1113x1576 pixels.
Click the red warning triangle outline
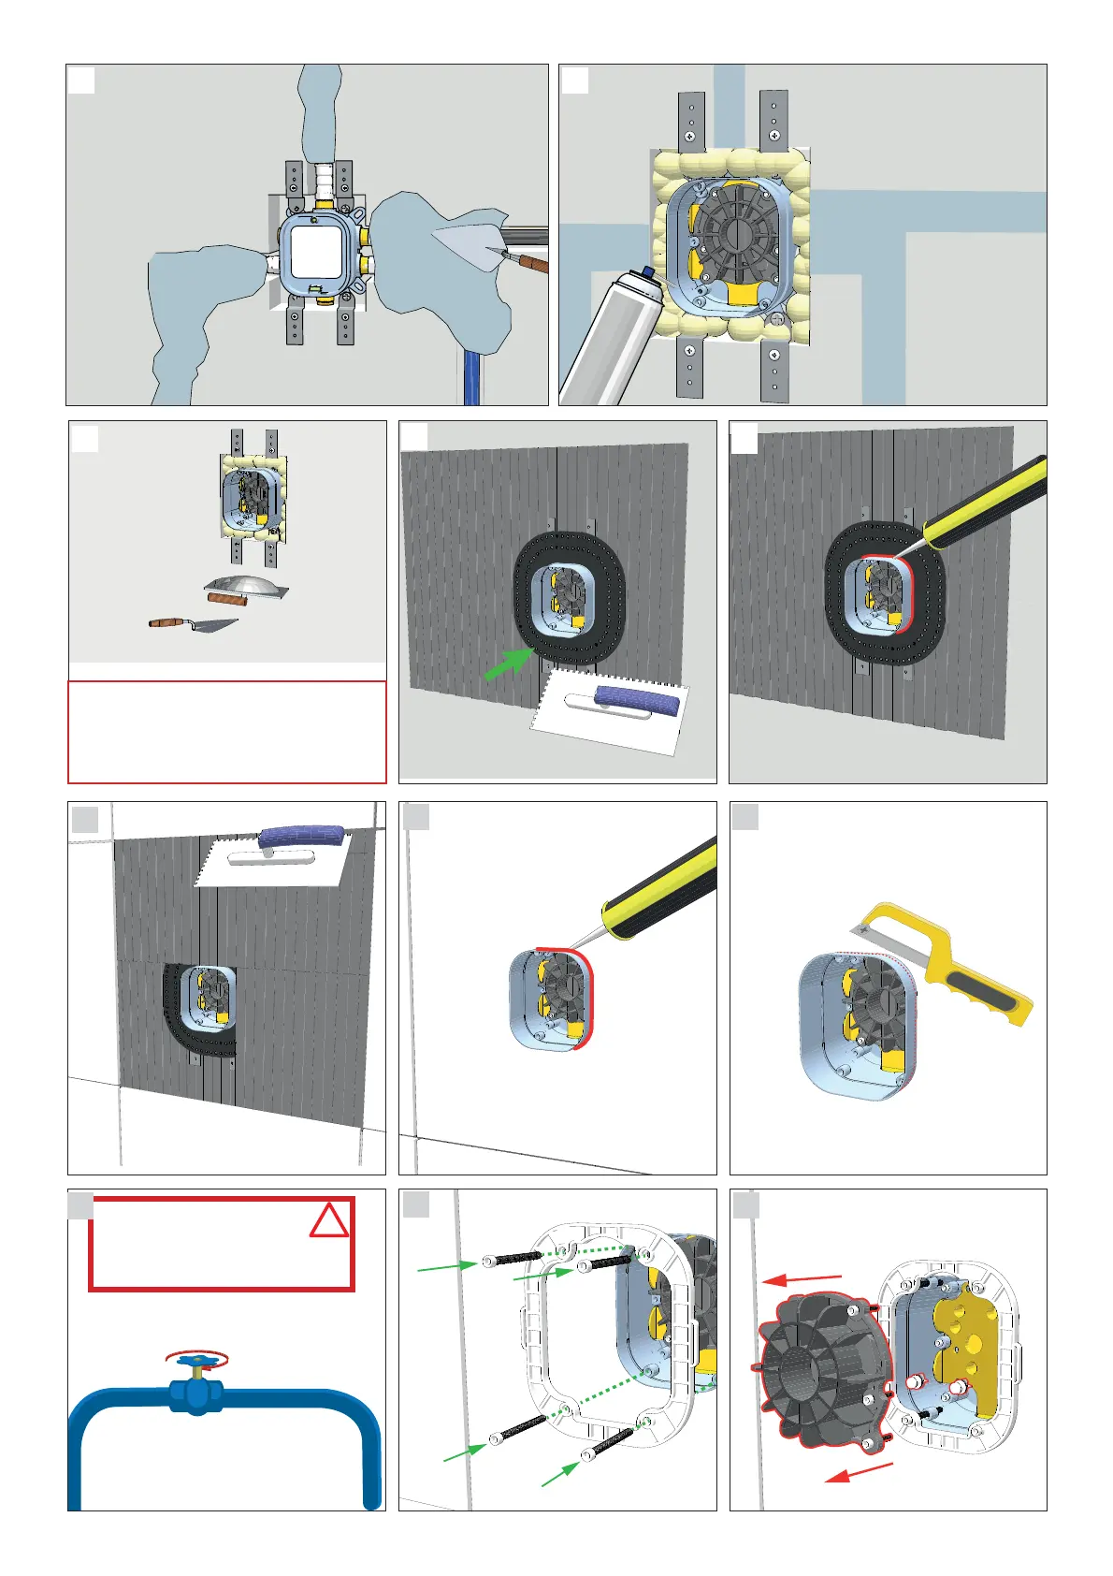pyautogui.click(x=329, y=1219)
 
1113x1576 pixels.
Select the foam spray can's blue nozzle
pyautogui.click(x=647, y=272)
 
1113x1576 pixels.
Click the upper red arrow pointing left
pyautogui.click(x=802, y=1278)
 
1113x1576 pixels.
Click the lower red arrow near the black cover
pyautogui.click(x=859, y=1473)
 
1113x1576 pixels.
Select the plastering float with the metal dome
pyautogui.click(x=246, y=587)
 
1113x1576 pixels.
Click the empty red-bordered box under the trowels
pyautogui.click(x=226, y=732)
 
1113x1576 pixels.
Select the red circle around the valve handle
pyautogui.click(x=196, y=1359)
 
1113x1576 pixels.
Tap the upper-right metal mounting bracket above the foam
pyautogui.click(x=773, y=119)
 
